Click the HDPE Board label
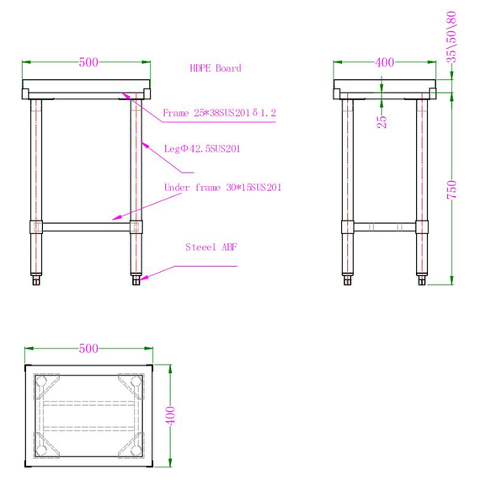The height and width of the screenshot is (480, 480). (215, 68)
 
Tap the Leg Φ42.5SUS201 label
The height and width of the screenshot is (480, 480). (203, 149)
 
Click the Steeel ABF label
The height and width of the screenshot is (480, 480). (211, 248)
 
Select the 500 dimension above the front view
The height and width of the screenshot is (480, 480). (88, 61)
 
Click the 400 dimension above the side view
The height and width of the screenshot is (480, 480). (384, 61)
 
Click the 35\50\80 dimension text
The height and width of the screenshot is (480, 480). (452, 37)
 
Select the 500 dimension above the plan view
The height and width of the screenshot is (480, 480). (88, 348)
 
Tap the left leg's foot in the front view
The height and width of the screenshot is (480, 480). (36, 280)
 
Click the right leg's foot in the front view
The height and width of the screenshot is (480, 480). (136, 280)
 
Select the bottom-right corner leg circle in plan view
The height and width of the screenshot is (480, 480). (136, 447)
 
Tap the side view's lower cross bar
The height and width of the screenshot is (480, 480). (384, 227)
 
